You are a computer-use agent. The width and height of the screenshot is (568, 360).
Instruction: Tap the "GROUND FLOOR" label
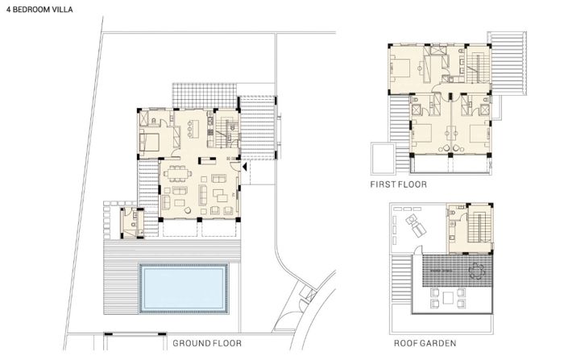click(206, 343)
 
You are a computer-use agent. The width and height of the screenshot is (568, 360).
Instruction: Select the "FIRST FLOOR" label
click(398, 184)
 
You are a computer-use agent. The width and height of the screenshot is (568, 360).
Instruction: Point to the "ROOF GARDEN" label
click(425, 343)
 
